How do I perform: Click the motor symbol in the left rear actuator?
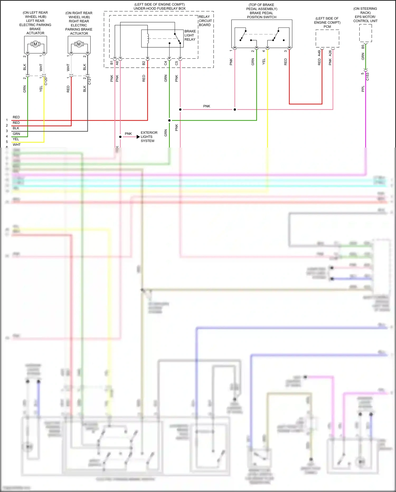pos(35,44)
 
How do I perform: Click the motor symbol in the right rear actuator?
pos(79,44)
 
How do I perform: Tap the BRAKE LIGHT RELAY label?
pos(190,35)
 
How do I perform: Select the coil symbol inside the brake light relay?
pos(148,39)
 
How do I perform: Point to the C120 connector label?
pos(46,81)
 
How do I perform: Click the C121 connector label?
pos(89,81)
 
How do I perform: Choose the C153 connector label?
pos(367,76)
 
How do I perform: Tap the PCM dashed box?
pos(327,39)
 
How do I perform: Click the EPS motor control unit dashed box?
pos(366,33)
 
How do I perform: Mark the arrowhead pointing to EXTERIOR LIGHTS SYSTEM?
pos(138,137)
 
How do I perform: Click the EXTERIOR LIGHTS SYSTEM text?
pos(149,137)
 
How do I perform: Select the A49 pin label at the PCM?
pos(319,53)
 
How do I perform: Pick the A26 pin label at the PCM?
pos(330,53)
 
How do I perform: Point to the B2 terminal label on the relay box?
pos(144,63)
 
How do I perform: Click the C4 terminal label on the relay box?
pos(166,63)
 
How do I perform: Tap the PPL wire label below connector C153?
pos(363,89)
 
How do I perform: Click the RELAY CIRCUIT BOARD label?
pos(205,21)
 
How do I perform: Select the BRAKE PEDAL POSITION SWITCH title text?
pos(261,15)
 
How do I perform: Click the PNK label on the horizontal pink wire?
pos(207,106)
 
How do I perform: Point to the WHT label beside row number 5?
pos(17,145)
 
